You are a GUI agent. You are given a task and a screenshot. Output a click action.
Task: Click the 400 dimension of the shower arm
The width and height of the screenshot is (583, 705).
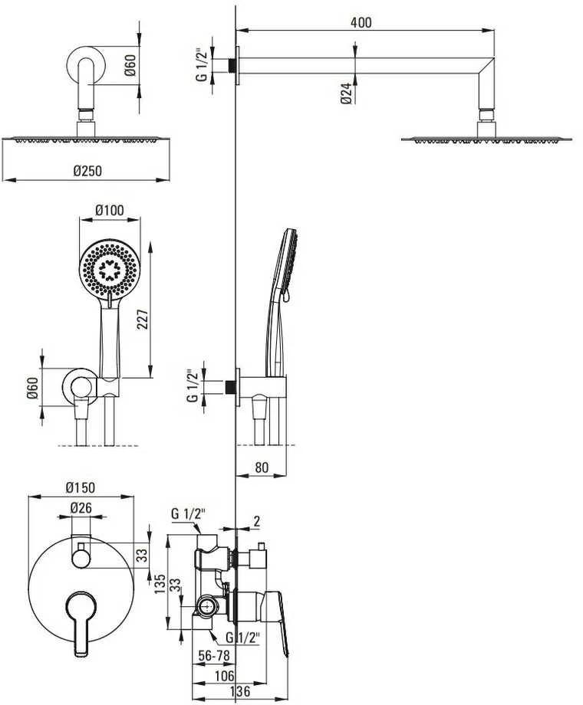(x=361, y=22)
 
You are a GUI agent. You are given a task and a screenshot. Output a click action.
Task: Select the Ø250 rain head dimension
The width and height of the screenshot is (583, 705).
(x=87, y=171)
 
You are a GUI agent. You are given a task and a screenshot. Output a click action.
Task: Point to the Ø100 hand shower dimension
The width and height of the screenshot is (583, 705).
(x=110, y=210)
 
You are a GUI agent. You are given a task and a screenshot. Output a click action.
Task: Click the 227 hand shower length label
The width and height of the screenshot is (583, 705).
(x=142, y=320)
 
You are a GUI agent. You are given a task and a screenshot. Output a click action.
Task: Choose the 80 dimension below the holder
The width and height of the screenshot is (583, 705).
(x=261, y=467)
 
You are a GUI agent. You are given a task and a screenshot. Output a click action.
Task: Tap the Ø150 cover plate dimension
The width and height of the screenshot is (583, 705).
(x=81, y=487)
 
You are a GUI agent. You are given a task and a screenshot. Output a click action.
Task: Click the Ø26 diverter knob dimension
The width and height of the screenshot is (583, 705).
(x=81, y=508)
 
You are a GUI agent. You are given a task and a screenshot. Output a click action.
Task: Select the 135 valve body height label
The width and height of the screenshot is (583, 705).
(x=160, y=584)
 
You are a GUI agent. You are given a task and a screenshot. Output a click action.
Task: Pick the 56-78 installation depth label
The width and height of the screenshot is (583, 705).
(x=214, y=656)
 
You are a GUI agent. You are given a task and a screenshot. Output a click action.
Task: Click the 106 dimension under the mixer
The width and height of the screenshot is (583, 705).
(x=224, y=675)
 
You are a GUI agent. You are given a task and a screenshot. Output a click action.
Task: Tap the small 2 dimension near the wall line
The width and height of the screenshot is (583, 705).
(x=257, y=521)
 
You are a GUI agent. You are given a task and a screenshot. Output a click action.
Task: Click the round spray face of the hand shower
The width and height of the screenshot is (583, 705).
(x=108, y=267)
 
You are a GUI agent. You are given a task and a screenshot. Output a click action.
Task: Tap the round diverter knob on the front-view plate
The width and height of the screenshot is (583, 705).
(x=81, y=559)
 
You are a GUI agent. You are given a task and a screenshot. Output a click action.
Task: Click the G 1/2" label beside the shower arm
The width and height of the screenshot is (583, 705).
(x=203, y=64)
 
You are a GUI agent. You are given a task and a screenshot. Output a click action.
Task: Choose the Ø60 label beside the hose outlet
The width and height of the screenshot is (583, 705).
(x=32, y=388)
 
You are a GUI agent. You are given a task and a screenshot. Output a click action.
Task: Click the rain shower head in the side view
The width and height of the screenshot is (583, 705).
(x=486, y=139)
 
